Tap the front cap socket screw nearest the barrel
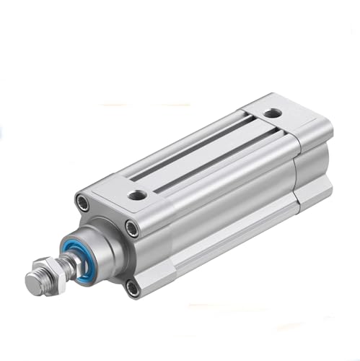(x=132, y=229)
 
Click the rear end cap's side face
(x=314, y=173)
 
